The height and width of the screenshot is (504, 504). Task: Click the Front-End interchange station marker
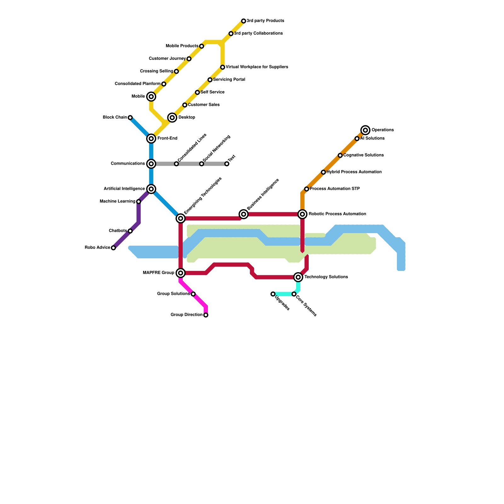click(x=151, y=139)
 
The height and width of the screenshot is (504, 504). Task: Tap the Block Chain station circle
click(x=130, y=117)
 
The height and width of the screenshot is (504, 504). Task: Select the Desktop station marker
click(x=172, y=117)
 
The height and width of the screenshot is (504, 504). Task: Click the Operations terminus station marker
click(x=365, y=130)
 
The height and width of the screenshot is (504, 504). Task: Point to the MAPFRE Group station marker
click(x=180, y=273)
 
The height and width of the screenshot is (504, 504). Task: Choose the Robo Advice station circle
click(x=113, y=248)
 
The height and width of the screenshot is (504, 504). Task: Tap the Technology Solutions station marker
click(x=298, y=277)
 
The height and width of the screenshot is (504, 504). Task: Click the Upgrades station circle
click(x=273, y=294)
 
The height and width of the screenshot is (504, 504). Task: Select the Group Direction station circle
click(x=206, y=315)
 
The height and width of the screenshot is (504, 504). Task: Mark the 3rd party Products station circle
click(x=243, y=21)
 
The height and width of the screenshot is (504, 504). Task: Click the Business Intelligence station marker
click(x=243, y=214)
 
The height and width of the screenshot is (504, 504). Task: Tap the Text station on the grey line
click(x=227, y=164)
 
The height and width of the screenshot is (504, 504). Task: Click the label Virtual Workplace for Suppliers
click(x=257, y=67)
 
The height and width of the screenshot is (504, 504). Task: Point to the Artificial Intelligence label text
click(x=124, y=189)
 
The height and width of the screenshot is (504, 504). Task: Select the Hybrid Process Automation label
click(x=354, y=172)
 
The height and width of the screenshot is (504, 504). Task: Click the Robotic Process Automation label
click(x=337, y=214)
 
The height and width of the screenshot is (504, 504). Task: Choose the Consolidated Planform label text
click(x=138, y=84)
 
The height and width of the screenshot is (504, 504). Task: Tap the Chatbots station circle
click(x=130, y=231)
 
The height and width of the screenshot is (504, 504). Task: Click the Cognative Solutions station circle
click(x=340, y=155)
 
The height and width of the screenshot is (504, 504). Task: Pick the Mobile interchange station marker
click(x=151, y=96)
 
